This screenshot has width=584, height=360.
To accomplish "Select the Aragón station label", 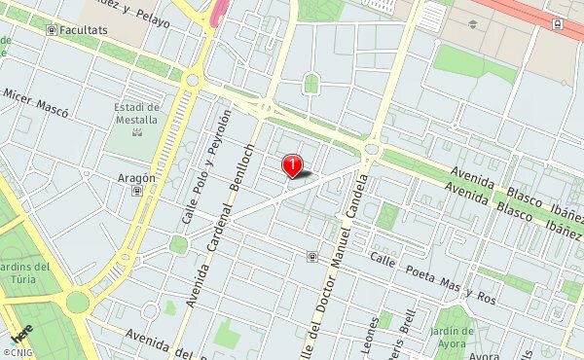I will coord(136,178).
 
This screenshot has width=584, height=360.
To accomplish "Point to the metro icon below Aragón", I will coord(136,192).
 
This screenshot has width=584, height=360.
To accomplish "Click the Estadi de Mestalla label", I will coord(136,113).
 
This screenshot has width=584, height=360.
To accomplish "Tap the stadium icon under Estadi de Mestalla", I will coord(137,130).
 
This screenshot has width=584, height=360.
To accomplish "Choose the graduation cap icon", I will coord(473,23).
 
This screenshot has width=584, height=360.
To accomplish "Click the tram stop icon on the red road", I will coord(556,23).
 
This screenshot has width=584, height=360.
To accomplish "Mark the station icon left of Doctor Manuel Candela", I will coord(311,257).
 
